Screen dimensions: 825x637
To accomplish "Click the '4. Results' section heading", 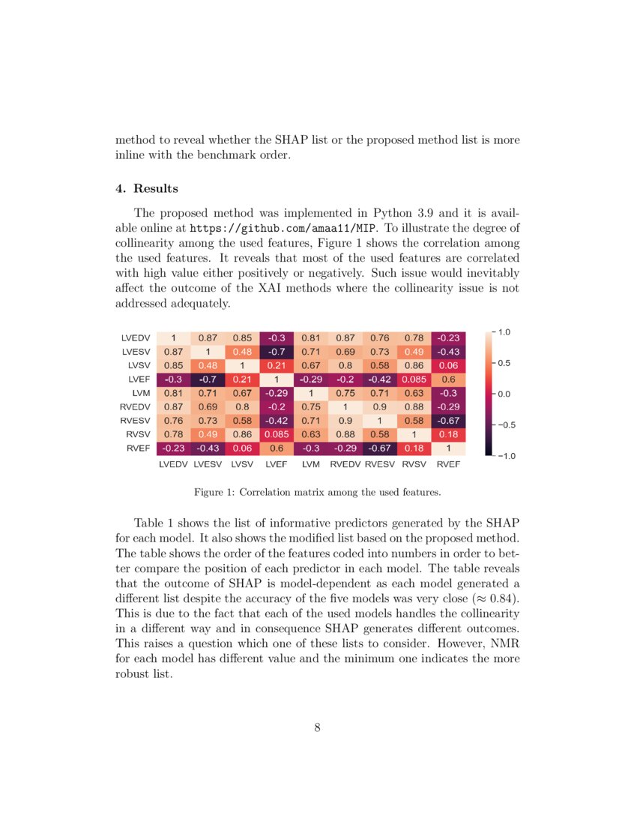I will pyautogui.click(x=147, y=188).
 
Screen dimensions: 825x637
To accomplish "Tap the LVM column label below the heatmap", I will pyautogui.click(x=311, y=465).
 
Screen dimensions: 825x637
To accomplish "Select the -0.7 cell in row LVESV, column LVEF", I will pyautogui.click(x=277, y=351).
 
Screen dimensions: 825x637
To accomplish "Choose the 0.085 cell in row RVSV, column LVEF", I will pyautogui.click(x=277, y=434).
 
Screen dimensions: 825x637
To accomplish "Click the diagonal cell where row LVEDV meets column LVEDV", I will pyautogui.click(x=173, y=337).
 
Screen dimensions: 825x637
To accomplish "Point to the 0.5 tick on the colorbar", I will pyautogui.click(x=504, y=363).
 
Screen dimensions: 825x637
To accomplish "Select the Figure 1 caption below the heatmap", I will pyautogui.click(x=318, y=493).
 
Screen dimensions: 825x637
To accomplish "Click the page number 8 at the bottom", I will pyautogui.click(x=318, y=727).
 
